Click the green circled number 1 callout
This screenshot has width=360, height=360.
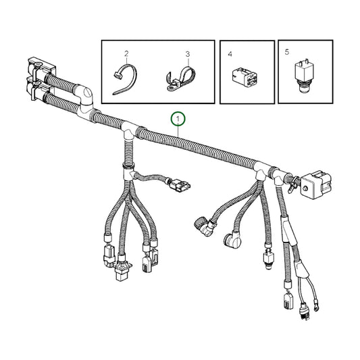[178, 120]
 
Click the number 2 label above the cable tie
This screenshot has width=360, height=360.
[126, 53]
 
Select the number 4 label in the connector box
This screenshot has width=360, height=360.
[230, 53]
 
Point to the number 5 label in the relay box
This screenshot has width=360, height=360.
[287, 51]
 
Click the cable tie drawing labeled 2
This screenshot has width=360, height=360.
[126, 76]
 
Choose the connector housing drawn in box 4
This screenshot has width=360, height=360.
[247, 78]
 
